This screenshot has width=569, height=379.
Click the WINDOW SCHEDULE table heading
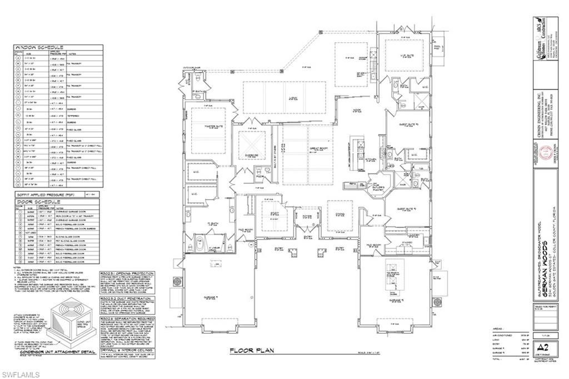39,47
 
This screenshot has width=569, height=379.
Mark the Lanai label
292,98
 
